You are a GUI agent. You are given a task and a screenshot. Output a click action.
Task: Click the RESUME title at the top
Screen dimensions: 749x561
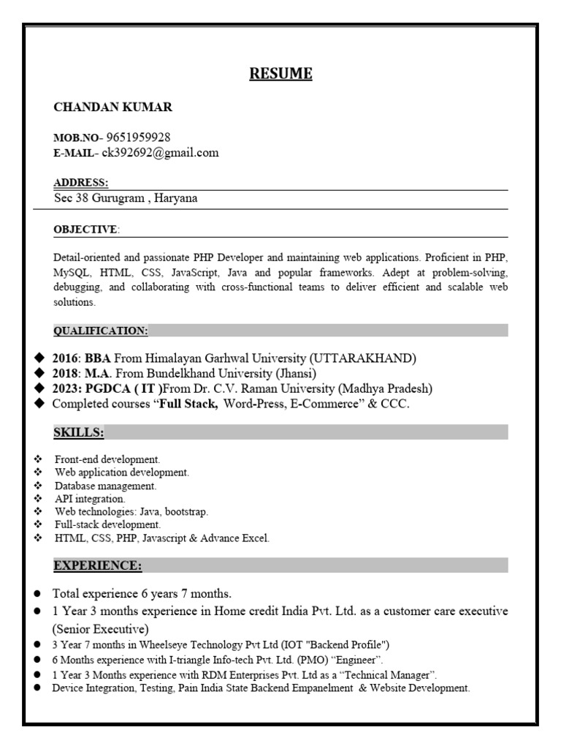281,74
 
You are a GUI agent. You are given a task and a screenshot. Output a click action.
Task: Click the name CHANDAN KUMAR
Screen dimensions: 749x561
113,108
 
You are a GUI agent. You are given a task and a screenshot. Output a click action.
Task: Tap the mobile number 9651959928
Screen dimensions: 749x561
139,137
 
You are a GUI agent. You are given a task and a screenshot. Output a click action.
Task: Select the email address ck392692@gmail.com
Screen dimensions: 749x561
161,153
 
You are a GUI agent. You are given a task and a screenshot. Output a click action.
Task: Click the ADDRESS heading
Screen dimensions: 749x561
81,182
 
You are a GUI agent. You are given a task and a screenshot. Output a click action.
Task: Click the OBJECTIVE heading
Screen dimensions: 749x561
85,230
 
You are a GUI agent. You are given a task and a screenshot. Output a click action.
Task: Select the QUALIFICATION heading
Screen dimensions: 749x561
101,331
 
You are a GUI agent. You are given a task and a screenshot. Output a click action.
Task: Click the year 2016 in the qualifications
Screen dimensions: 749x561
66,358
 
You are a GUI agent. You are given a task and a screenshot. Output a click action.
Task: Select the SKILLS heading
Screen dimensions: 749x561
78,433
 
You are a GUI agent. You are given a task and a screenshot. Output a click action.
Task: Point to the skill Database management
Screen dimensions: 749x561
105,486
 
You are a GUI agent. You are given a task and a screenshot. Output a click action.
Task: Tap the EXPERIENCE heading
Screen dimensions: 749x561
98,565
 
